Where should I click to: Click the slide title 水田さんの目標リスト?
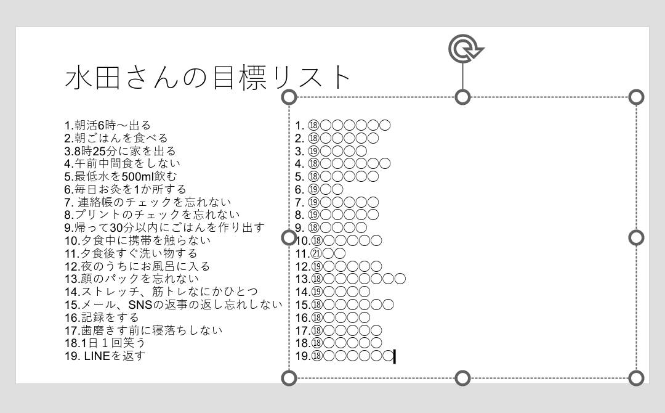coord(208,77)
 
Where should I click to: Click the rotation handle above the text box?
coord(465,48)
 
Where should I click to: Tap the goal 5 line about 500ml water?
coord(121,176)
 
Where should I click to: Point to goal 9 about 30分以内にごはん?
coord(164,227)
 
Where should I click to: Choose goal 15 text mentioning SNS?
coord(174,305)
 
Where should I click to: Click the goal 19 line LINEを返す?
coord(105,356)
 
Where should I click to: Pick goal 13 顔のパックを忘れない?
coord(132,279)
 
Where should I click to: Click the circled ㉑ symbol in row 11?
coord(316,253)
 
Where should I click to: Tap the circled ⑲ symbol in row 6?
coord(313,189)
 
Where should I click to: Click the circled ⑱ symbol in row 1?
coord(313,125)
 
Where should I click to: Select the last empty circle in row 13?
coord(400,279)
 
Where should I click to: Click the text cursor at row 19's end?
coord(395,356)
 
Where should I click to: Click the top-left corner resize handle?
coord(289,97)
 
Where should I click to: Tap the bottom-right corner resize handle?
coord(636,378)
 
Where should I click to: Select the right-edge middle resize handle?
coord(636,237)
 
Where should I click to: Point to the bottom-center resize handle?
coord(462,378)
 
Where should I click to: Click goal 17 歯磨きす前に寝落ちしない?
coord(143,330)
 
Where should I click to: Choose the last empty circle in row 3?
coord(361,150)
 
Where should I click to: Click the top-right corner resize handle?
coord(636,97)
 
